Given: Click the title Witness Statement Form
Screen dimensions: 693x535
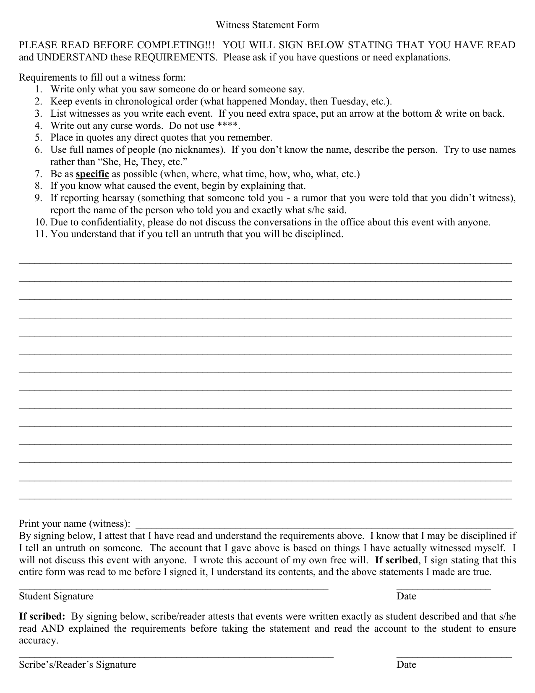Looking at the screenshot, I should click(x=267, y=25).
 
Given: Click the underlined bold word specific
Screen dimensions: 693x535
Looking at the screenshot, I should click(x=92, y=174).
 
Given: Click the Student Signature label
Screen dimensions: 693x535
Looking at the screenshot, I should click(x=56, y=596).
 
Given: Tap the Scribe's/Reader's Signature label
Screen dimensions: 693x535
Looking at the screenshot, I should click(x=78, y=664).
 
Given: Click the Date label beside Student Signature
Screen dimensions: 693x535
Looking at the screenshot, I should click(x=406, y=596).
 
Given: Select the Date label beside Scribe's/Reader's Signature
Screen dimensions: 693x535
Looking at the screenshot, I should click(x=406, y=664).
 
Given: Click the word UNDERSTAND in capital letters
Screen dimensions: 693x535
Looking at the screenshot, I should click(x=72, y=58).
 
